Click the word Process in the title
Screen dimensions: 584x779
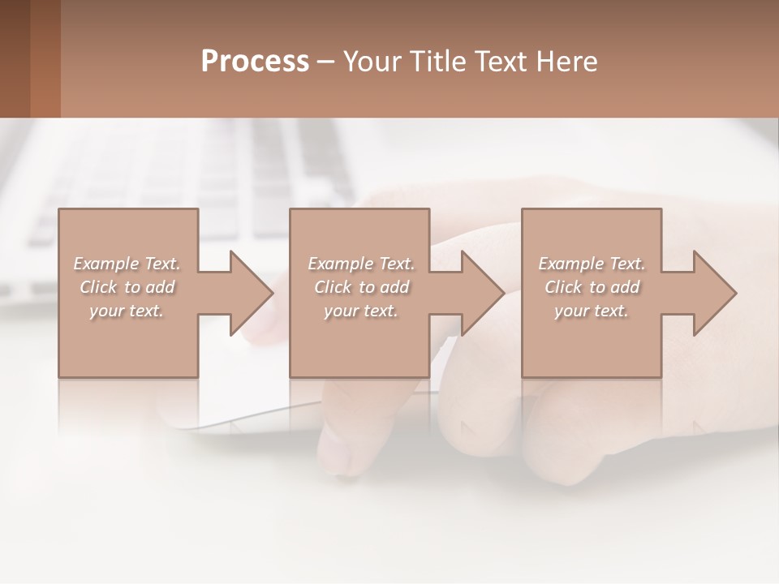click(x=255, y=62)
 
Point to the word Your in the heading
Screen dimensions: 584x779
click(x=374, y=62)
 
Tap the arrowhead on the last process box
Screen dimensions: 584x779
click(x=713, y=293)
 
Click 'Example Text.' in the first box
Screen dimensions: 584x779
click(x=127, y=264)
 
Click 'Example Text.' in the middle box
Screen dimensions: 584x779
click(x=361, y=264)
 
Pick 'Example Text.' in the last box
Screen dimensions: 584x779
click(x=592, y=264)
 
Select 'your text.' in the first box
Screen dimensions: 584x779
click(x=127, y=311)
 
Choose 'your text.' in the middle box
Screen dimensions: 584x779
click(x=361, y=311)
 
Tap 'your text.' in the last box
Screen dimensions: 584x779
click(x=592, y=311)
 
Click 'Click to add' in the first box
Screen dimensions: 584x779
click(x=127, y=287)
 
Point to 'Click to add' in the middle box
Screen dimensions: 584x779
click(x=361, y=287)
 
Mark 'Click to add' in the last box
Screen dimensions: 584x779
click(x=592, y=287)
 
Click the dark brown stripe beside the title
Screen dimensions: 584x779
click(x=15, y=58)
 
